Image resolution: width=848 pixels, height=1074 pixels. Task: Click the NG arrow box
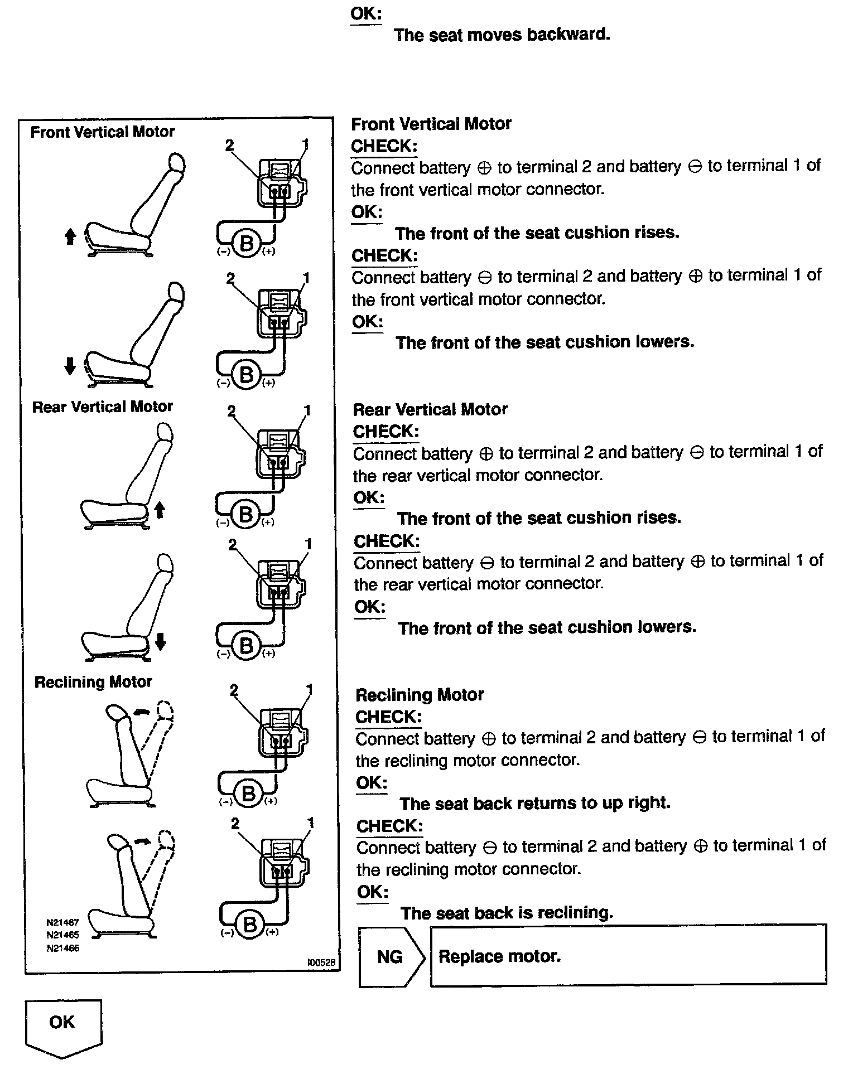pyautogui.click(x=390, y=957)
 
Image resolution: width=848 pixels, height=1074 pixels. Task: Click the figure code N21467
pyautogui.click(x=62, y=922)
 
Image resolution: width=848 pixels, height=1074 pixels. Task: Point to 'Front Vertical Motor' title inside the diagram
pyautogui.click(x=102, y=132)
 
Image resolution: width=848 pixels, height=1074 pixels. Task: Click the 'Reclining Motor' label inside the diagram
pyautogui.click(x=93, y=682)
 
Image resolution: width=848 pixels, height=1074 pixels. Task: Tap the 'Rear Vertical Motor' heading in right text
pyautogui.click(x=430, y=409)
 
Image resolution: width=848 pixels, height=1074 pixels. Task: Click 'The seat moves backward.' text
pyautogui.click(x=502, y=35)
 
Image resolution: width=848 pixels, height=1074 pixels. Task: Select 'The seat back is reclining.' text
pyautogui.click(x=507, y=913)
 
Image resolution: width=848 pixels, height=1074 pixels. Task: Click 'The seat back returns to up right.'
pyautogui.click(x=534, y=803)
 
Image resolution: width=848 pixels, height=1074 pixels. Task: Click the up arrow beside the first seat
pyautogui.click(x=70, y=237)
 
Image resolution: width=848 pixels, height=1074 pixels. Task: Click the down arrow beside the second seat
pyautogui.click(x=70, y=366)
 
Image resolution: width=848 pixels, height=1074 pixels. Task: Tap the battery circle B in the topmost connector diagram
pyautogui.click(x=246, y=243)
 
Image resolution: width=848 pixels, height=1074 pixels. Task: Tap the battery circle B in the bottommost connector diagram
pyautogui.click(x=249, y=925)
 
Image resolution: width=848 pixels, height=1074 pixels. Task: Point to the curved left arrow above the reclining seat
pyautogui.click(x=142, y=711)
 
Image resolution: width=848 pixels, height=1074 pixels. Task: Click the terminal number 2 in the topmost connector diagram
pyautogui.click(x=229, y=145)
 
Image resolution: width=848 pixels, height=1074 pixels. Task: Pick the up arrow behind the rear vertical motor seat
pyautogui.click(x=160, y=509)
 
